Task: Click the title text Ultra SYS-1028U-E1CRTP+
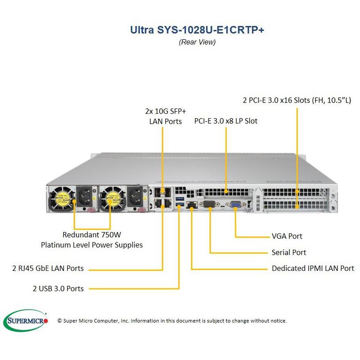[197, 30]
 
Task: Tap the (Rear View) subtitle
[197, 42]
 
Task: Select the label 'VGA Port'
[287, 236]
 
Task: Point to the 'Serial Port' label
[288, 252]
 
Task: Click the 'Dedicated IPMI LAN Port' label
[313, 268]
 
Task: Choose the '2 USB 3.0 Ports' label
[58, 288]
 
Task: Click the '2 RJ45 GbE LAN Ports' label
[48, 268]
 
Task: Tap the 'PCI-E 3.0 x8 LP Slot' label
[226, 121]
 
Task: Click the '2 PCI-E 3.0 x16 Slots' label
[297, 100]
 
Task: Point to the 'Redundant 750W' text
[92, 234]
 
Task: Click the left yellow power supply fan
[63, 197]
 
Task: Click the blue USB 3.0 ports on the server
[180, 202]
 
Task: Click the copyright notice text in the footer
[172, 321]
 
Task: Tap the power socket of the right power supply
[135, 197]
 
